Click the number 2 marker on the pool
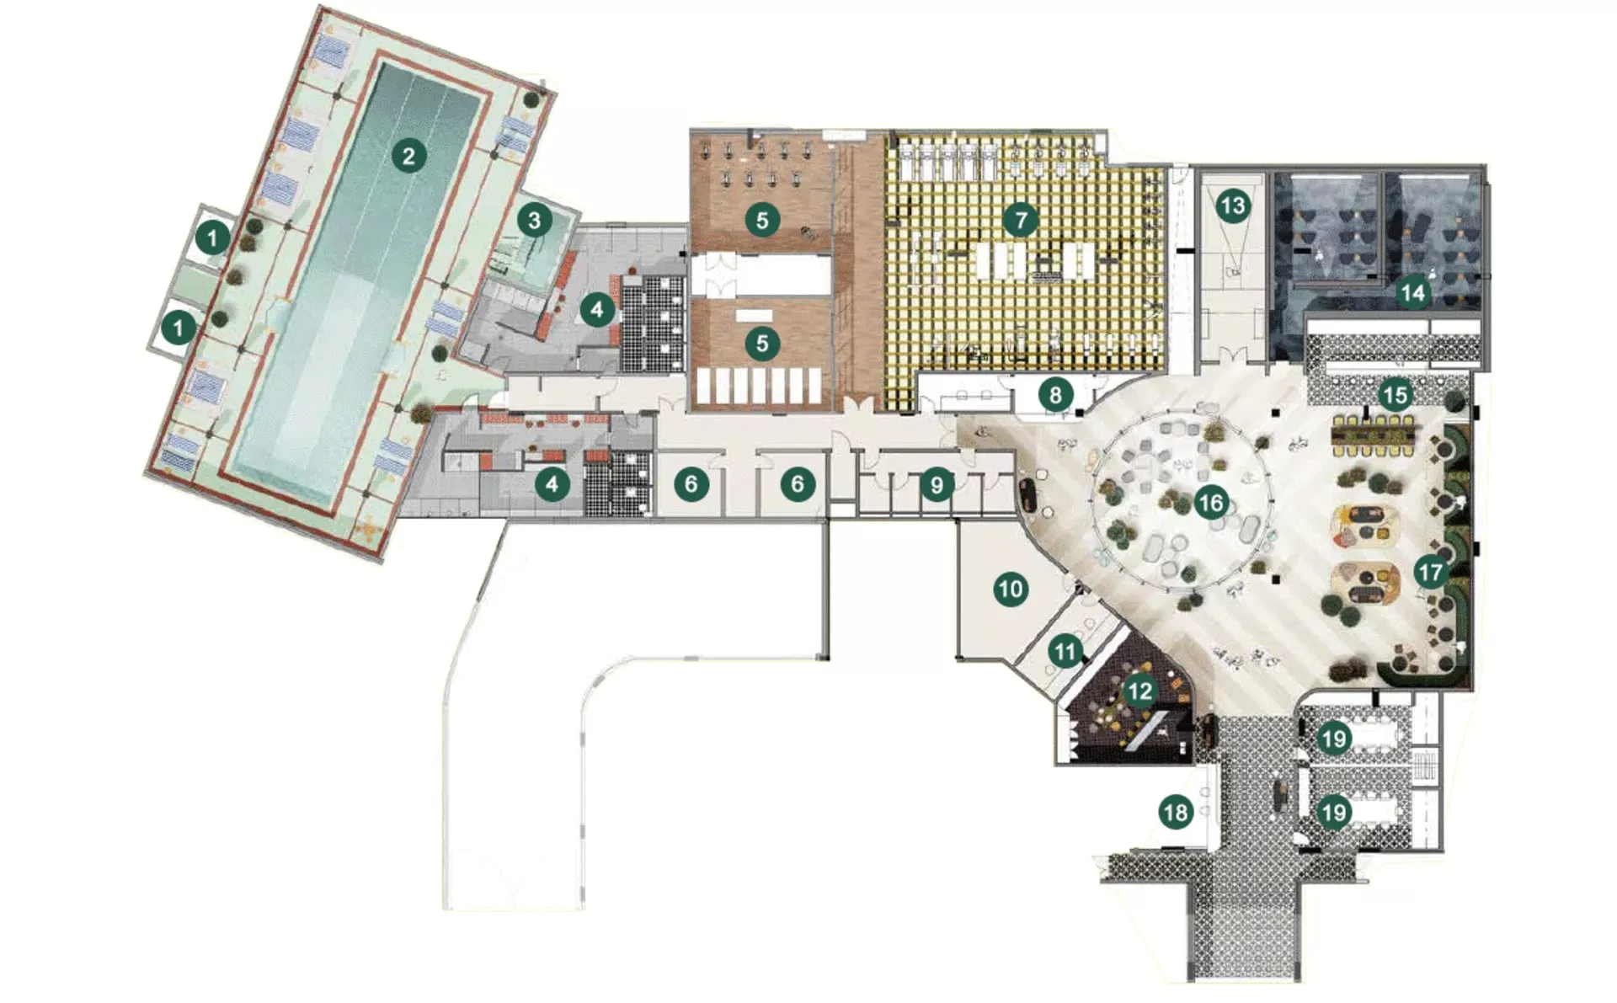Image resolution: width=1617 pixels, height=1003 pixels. click(408, 155)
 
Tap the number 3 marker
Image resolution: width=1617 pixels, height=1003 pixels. click(534, 221)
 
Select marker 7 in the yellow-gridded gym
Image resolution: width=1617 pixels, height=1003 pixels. click(1021, 221)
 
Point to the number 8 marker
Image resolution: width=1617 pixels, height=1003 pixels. click(1055, 393)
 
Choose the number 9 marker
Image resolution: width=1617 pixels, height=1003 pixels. click(937, 484)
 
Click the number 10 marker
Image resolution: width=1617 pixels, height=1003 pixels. click(1011, 588)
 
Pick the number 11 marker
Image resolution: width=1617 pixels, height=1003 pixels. click(1065, 651)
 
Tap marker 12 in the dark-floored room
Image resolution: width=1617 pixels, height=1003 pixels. click(1139, 691)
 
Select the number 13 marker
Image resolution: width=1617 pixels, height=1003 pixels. click(1233, 205)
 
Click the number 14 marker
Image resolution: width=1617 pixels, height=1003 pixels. click(1412, 292)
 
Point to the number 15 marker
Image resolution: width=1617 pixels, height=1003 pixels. click(1396, 395)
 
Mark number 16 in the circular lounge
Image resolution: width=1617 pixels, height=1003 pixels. click(1210, 504)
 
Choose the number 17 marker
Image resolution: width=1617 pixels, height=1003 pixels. click(1431, 573)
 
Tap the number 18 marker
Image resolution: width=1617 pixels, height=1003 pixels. click(1176, 812)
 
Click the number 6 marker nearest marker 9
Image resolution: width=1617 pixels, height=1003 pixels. click(798, 484)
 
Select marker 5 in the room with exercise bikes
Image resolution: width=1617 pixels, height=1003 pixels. click(762, 221)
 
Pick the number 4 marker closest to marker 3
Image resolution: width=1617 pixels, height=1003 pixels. click(597, 310)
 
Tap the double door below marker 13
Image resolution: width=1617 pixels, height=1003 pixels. click(1232, 355)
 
